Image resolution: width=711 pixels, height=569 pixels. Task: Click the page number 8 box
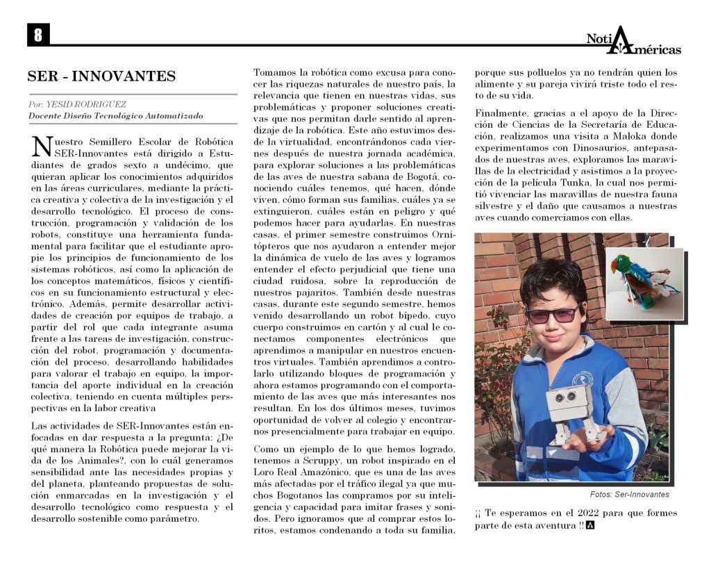pos(37,35)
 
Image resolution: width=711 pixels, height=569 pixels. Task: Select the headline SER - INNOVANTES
pos(101,76)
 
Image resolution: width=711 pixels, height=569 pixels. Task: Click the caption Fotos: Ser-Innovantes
pos(629,495)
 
